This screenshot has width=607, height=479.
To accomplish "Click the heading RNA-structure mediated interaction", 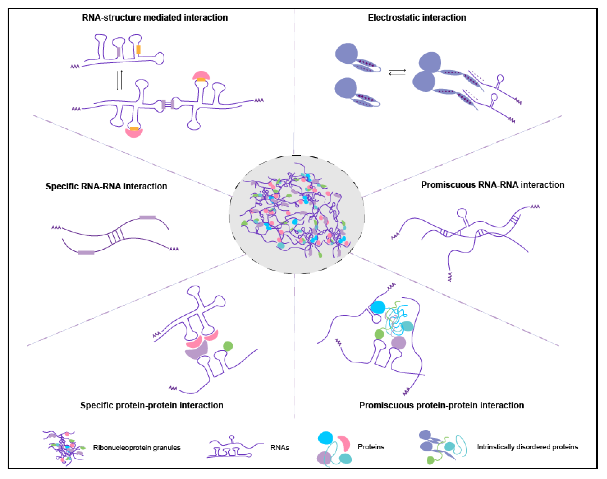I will point(155,18).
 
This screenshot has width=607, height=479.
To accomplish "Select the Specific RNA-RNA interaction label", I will point(106,186).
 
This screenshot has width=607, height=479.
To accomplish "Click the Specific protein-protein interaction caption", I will point(152,405).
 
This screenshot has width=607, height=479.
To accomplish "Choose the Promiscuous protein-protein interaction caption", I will point(441,405).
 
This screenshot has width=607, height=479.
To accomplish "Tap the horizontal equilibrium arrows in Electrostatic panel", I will point(397,72).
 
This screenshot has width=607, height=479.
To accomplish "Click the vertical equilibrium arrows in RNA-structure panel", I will point(120,80).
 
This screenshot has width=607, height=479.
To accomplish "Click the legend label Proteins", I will point(371,447).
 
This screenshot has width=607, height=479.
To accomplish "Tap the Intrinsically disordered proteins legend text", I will point(527,447).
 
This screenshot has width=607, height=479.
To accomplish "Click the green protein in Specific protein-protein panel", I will point(228,346).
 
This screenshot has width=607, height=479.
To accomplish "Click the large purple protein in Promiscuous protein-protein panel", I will point(398,342).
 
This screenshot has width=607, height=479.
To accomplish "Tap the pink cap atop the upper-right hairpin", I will point(201,75).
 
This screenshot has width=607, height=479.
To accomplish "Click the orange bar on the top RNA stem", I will point(138,50).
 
